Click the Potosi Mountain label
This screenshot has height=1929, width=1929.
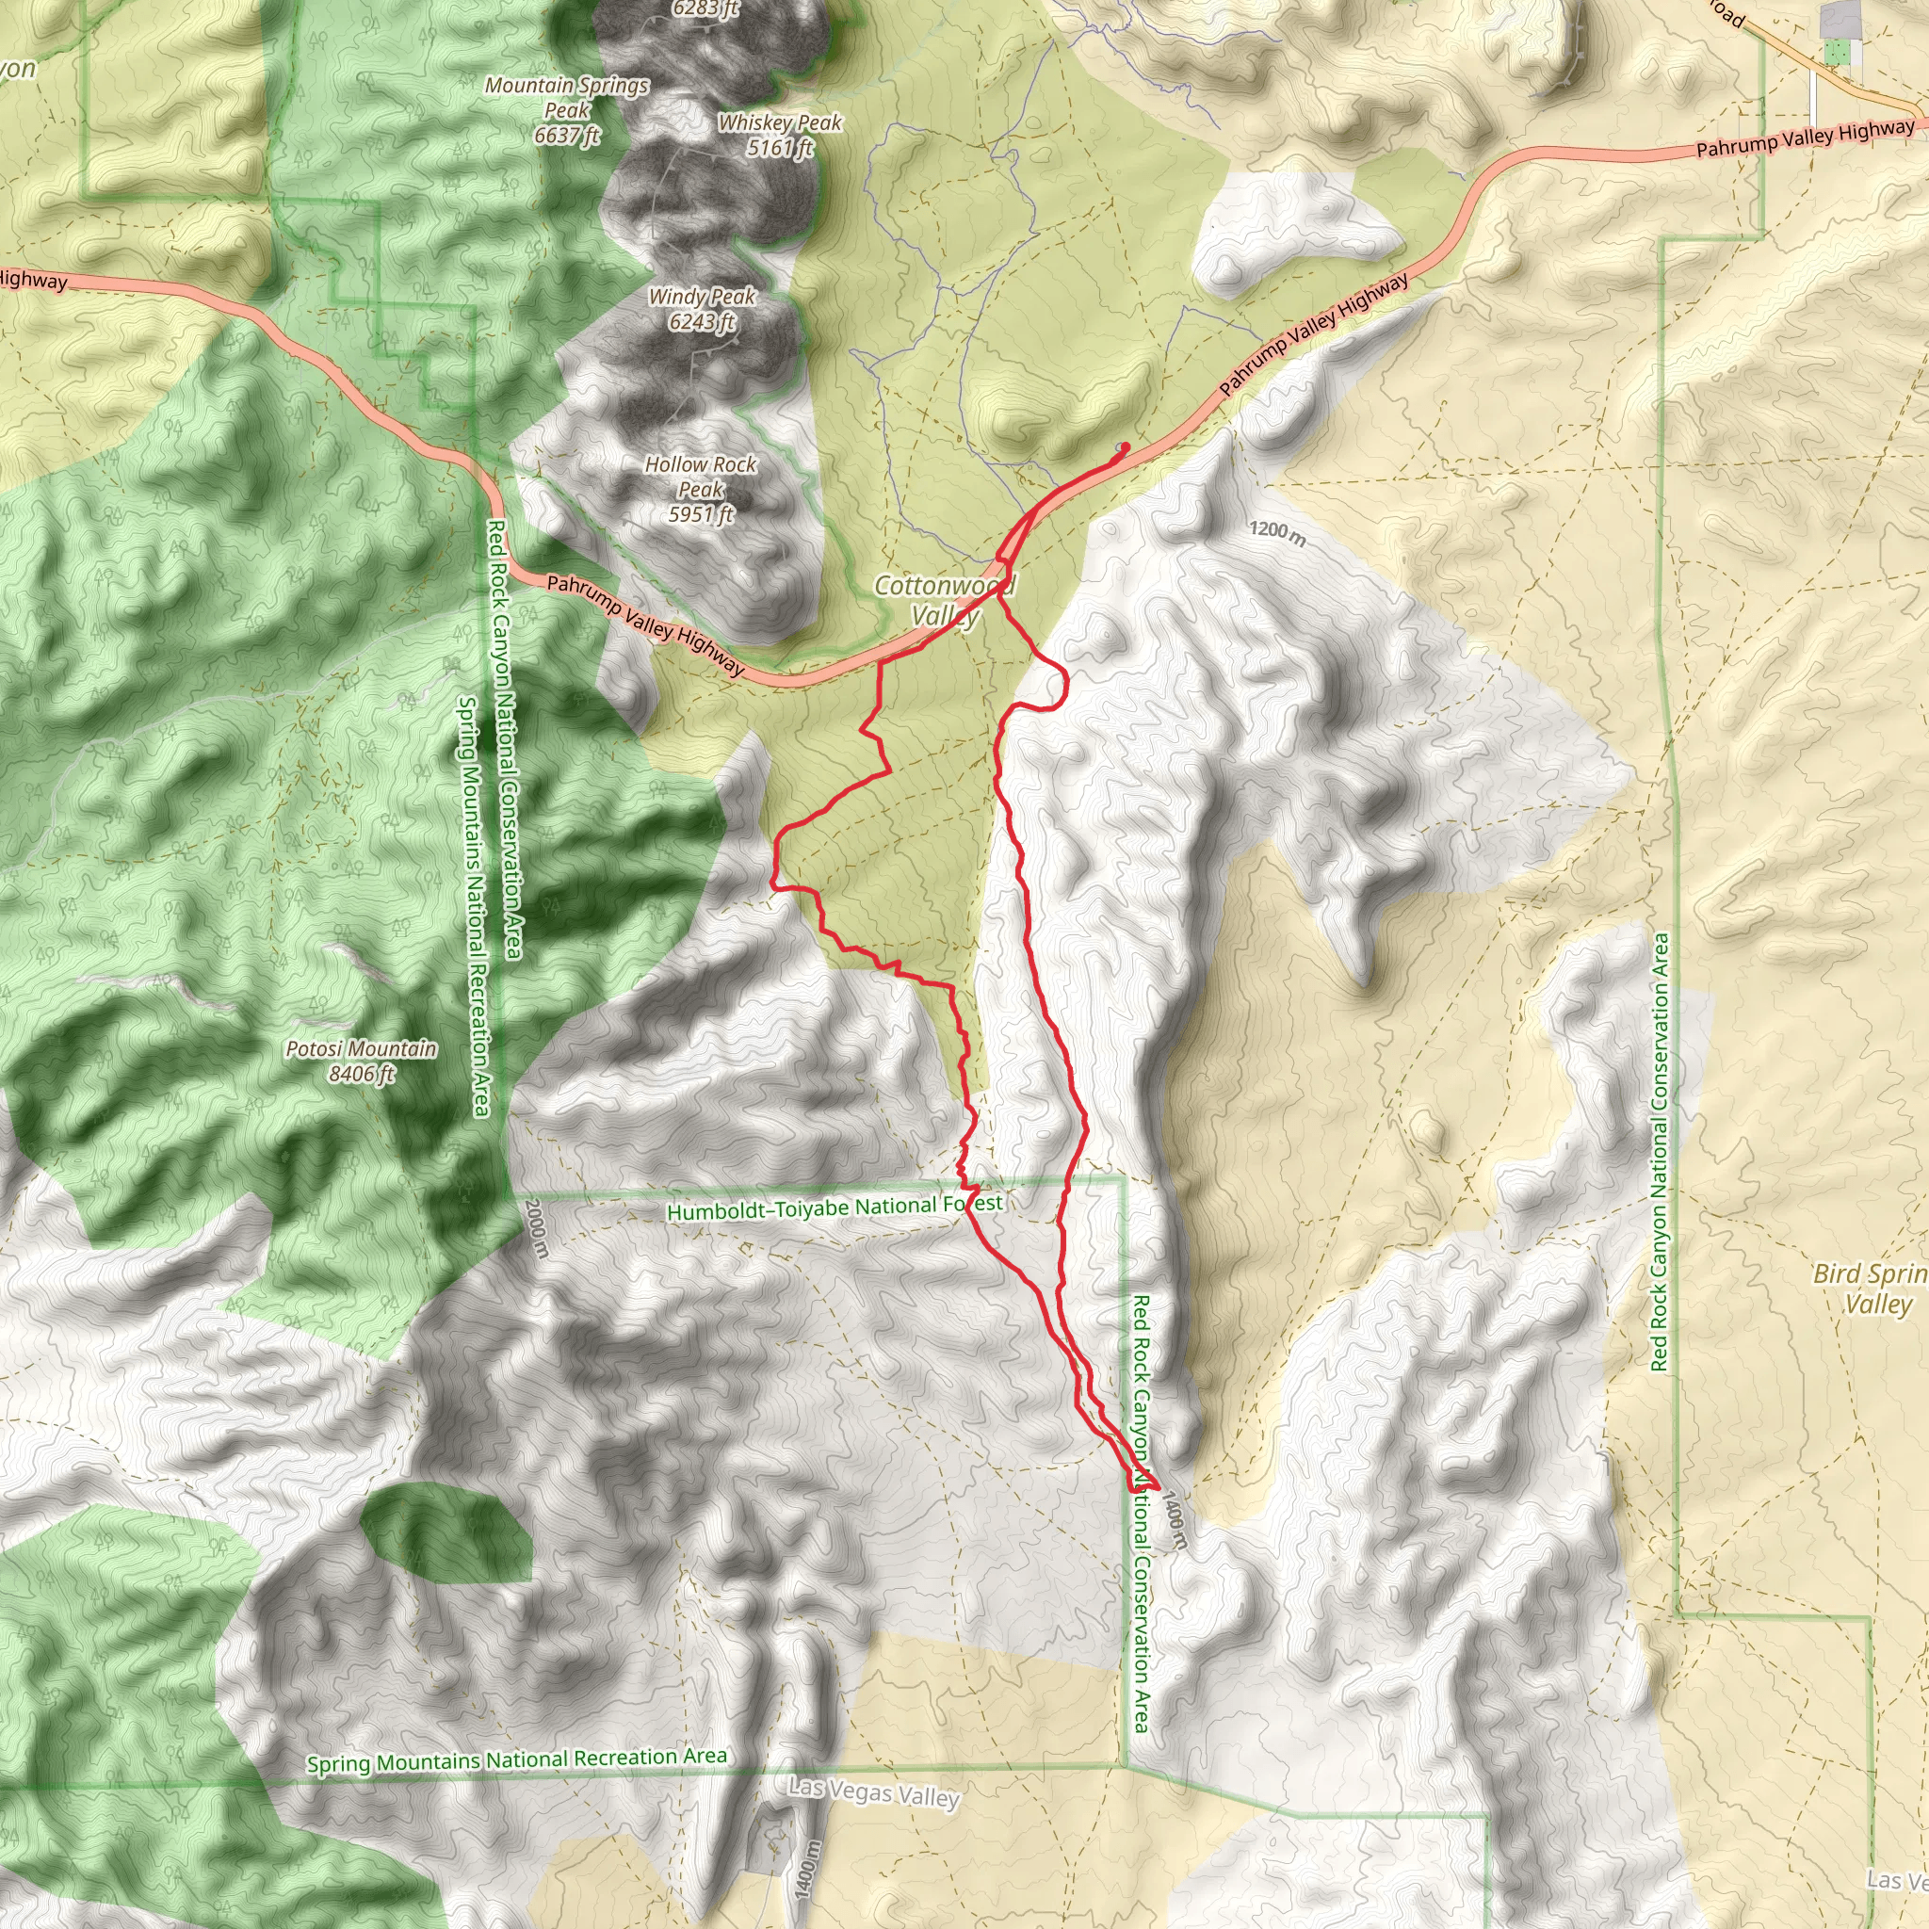[x=361, y=1048]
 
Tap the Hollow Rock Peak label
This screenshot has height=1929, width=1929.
[x=700, y=488]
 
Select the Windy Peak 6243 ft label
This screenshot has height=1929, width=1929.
[x=702, y=309]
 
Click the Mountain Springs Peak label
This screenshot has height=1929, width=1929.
[x=566, y=110]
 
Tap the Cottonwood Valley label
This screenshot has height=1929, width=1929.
[x=944, y=600]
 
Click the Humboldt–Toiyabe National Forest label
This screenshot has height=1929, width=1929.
[x=834, y=1208]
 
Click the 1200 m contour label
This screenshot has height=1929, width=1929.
[x=1277, y=533]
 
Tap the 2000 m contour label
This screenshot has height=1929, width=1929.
[x=535, y=1228]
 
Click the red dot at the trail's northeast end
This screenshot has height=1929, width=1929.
[x=1126, y=446]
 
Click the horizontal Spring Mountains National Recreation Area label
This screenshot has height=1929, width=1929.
[x=516, y=1760]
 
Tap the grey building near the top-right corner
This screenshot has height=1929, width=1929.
[x=1840, y=20]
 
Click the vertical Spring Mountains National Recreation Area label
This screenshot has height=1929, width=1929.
[x=472, y=903]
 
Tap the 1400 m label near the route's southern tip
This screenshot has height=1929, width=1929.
[x=1175, y=1520]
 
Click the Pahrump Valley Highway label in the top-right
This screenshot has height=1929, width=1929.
[x=1806, y=138]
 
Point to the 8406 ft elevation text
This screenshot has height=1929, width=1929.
[x=361, y=1075]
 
